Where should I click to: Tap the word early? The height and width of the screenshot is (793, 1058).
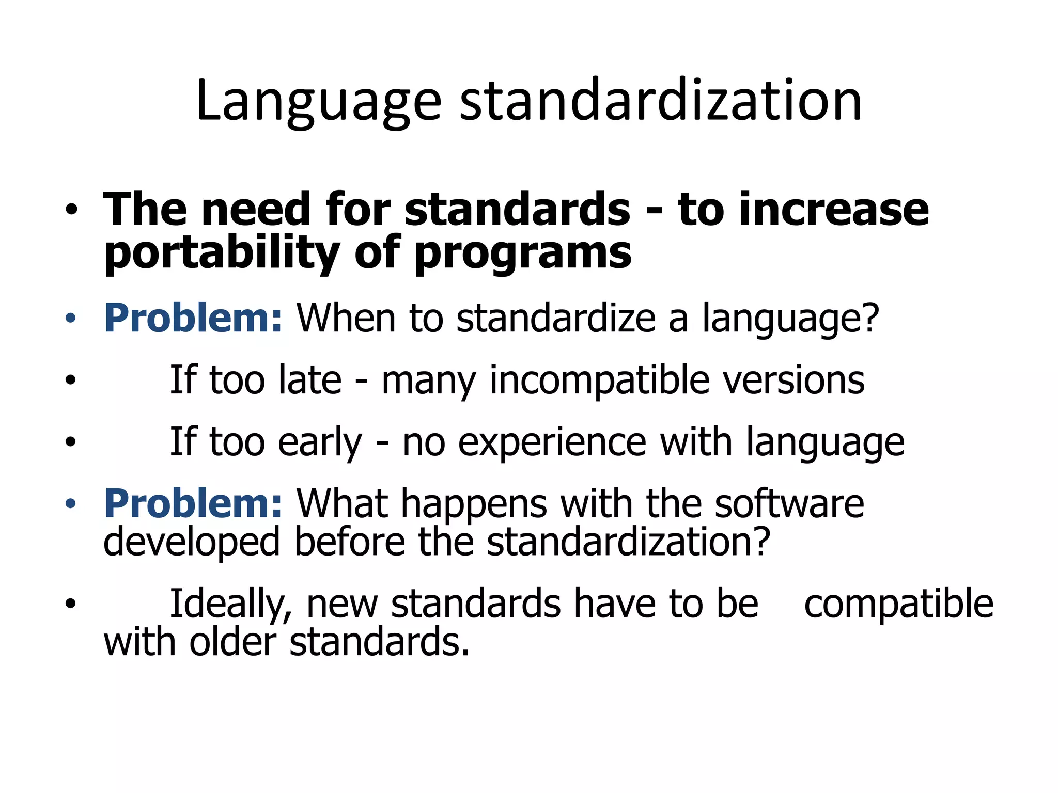click(x=320, y=442)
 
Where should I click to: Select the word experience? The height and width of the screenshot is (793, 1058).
click(x=552, y=442)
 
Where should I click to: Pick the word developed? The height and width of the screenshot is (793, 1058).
click(x=192, y=542)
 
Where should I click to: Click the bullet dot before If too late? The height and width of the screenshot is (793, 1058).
click(x=71, y=380)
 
